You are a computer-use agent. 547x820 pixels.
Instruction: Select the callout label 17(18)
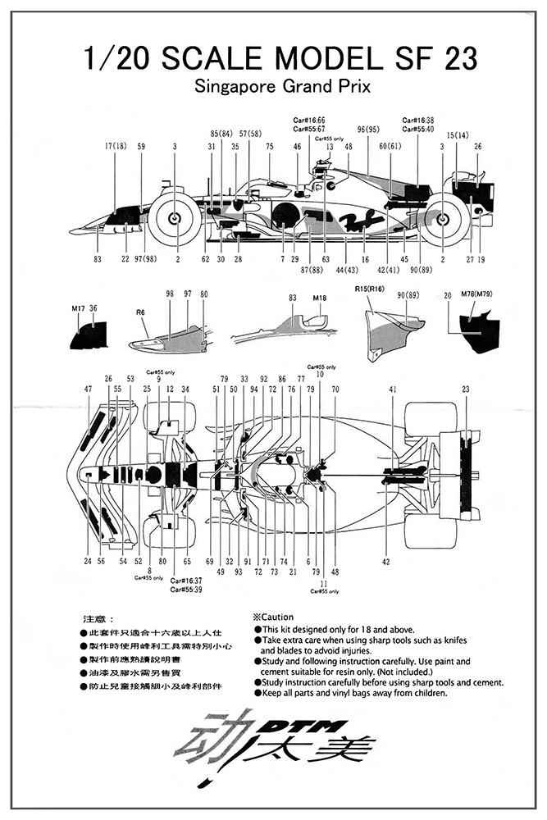point(116,147)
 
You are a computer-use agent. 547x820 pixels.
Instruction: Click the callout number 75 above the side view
point(269,147)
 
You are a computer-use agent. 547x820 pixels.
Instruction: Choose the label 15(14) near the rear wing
point(458,135)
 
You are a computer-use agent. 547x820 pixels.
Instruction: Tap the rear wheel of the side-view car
point(443,218)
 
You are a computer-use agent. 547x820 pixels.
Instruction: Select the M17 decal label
point(78,307)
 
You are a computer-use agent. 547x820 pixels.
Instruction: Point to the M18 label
point(320,298)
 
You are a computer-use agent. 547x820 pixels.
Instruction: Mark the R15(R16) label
point(369,289)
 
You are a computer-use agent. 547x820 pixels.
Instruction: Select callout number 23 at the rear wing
point(466,389)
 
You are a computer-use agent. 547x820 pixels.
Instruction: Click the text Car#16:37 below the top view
point(187,581)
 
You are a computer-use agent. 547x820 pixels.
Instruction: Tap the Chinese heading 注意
point(95,617)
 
